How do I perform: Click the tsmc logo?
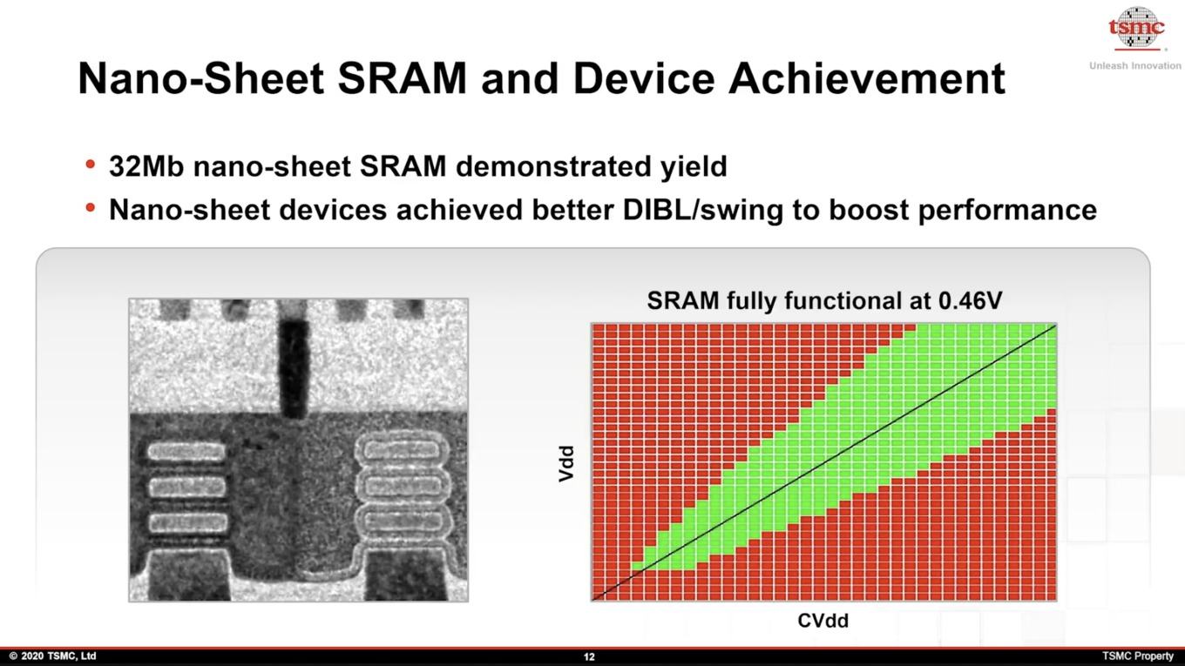pos(1136,29)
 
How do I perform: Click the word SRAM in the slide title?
pos(402,78)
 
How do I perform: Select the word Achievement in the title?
pos(866,78)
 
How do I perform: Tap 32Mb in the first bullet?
pos(146,166)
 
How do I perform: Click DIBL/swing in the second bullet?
pos(703,211)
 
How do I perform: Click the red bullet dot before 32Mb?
pos(91,164)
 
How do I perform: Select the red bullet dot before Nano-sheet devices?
pos(91,207)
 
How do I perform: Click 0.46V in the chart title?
pos(971,300)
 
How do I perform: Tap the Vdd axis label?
pos(566,463)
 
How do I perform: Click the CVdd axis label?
pos(823,621)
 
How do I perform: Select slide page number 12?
pos(589,657)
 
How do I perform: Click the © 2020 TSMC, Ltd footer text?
pos(53,656)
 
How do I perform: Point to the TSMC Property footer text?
pos(1138,656)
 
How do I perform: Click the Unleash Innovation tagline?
pos(1135,65)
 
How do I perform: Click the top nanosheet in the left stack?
pos(186,452)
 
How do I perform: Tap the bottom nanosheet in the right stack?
pos(403,521)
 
